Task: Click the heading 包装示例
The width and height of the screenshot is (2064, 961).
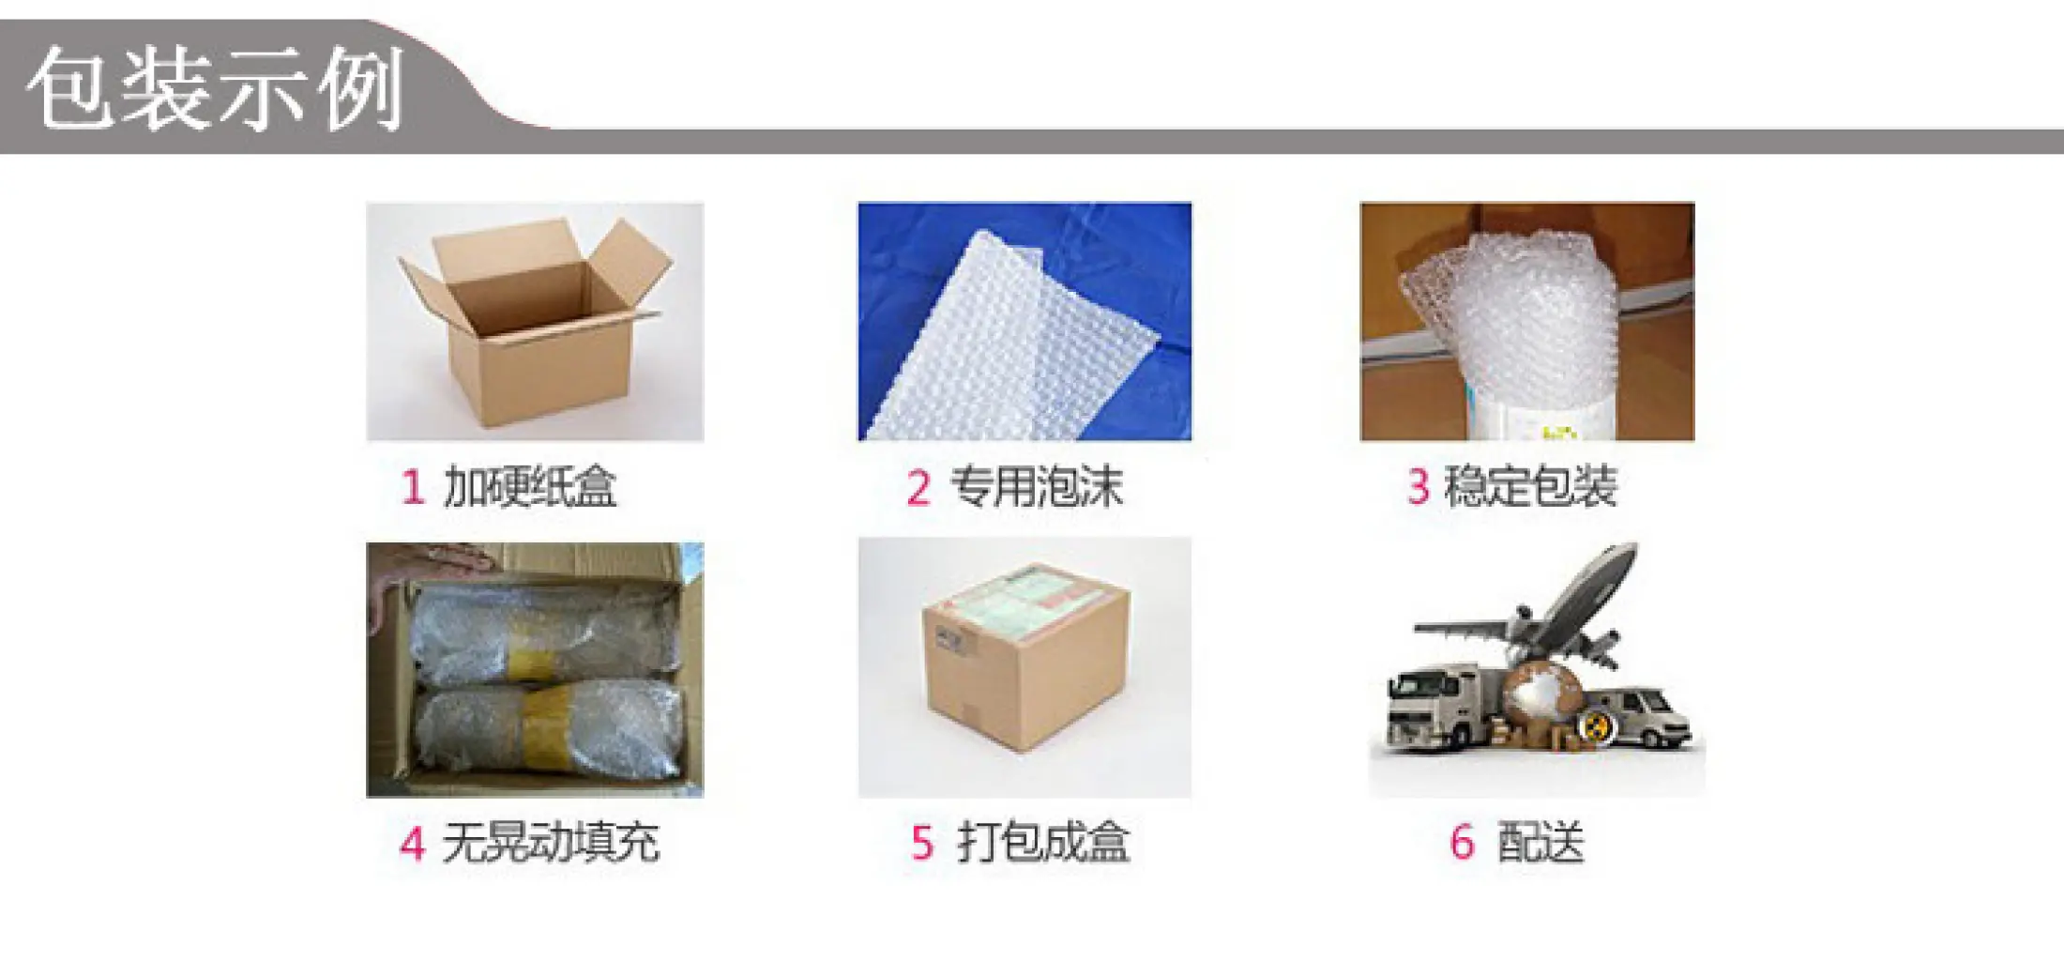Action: tap(216, 87)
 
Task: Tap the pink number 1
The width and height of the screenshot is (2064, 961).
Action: tap(413, 487)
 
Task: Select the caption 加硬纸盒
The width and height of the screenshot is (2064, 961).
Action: tap(530, 487)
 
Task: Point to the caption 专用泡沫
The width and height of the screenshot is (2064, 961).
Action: tap(1037, 487)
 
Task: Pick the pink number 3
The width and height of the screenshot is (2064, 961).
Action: tap(1418, 487)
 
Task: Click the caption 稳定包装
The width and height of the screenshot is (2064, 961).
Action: tap(1531, 487)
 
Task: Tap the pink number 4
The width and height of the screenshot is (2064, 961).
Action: tap(413, 842)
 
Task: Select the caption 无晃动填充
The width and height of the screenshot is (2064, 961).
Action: tap(551, 841)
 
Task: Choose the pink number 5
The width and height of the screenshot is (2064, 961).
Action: tap(922, 842)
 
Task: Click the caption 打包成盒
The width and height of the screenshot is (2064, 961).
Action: tap(1043, 841)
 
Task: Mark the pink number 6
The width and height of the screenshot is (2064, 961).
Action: tap(1462, 842)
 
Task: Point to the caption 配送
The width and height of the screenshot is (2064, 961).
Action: tap(1540, 841)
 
